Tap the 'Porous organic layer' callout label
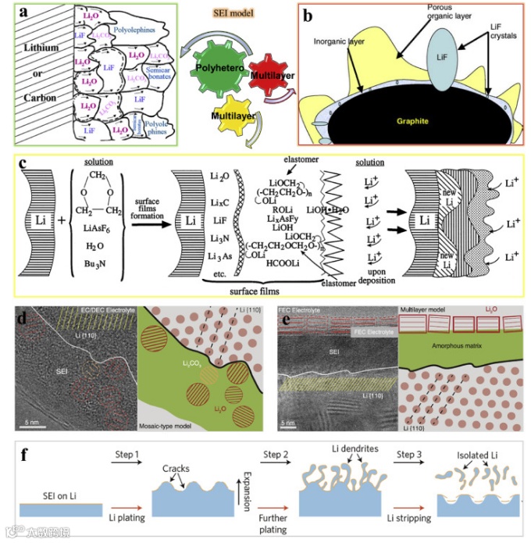pyautogui.click(x=443, y=12)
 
